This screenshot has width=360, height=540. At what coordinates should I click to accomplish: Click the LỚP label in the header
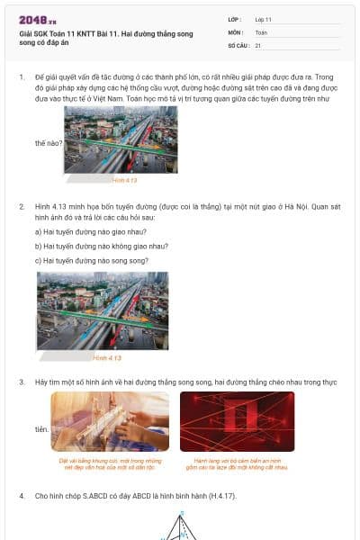[235, 19]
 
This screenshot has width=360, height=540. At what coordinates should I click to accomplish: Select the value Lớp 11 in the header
[264, 19]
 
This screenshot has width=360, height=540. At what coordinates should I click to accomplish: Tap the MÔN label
[236, 31]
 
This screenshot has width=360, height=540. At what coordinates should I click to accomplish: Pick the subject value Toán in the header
[261, 31]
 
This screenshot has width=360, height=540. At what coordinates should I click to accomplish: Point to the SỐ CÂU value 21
[258, 44]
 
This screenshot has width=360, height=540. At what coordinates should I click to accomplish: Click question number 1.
[22, 78]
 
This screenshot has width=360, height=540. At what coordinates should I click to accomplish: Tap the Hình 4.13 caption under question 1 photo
[124, 180]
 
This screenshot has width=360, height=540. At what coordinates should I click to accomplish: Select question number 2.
[22, 206]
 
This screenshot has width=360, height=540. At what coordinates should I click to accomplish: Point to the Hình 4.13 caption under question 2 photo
[107, 357]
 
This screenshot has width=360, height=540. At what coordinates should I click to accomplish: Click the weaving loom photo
[110, 421]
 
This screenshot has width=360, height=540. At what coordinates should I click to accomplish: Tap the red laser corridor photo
[237, 421]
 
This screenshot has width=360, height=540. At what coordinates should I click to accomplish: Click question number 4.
[22, 496]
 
